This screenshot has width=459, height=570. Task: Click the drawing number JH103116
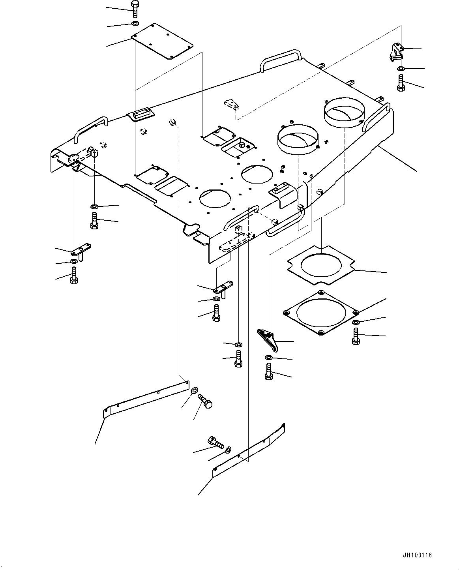pos(417,553)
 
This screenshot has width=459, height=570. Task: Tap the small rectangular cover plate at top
pos(162,41)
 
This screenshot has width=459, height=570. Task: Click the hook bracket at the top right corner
pos(397,52)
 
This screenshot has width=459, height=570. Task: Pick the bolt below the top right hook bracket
pos(401,83)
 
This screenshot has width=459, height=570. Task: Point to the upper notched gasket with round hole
pos(321,265)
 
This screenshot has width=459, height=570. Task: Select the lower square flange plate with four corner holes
pos(321,313)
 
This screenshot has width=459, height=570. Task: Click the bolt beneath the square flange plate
pos(356,336)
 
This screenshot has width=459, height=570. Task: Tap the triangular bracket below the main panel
pos(268,340)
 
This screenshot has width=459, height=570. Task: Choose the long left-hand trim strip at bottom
pos(146,400)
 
